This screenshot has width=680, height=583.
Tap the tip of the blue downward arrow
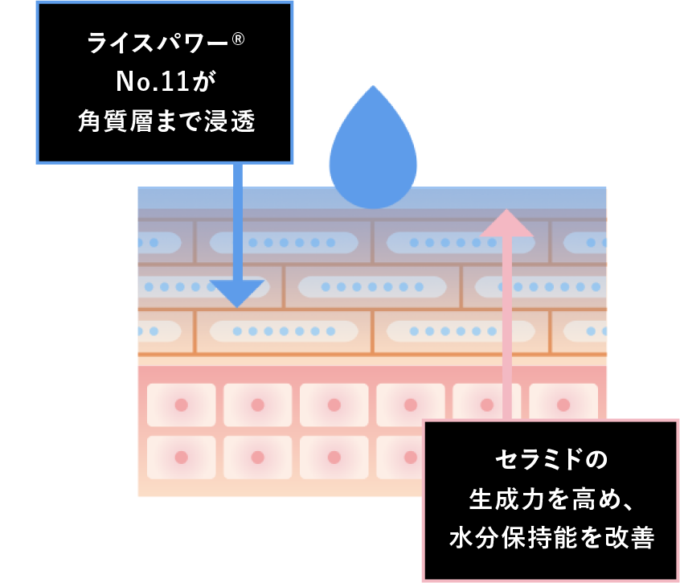pos(236,306)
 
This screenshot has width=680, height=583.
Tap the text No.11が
pos(166,81)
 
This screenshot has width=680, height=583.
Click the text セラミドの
pos(551,461)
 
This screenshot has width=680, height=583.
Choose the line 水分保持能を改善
pos(551,536)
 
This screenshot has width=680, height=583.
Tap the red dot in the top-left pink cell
pos(181,404)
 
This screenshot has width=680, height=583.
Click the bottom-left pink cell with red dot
pos(181,457)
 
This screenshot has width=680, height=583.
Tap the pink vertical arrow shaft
pos(507,322)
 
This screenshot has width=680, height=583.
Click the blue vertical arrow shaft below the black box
pos(237,217)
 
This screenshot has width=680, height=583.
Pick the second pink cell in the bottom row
pos(257,457)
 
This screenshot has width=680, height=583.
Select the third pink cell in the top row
pos(334,404)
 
